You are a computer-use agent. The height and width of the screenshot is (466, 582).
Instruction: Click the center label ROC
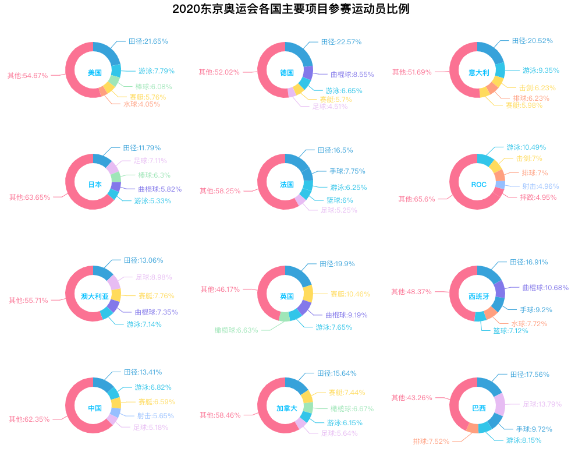click(478, 185)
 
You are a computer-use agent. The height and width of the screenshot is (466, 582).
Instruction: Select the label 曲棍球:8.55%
click(352, 75)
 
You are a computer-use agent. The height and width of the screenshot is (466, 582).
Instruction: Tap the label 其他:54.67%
click(27, 76)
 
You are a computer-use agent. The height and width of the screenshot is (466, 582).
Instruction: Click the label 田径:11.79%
click(141, 148)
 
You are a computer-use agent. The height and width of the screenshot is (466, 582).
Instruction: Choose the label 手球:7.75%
click(347, 171)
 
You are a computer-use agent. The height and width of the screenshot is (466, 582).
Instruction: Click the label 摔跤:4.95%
click(538, 197)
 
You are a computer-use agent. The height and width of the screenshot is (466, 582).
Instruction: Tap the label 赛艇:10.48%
click(350, 294)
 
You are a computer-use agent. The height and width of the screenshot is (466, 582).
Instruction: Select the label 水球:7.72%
click(529, 323)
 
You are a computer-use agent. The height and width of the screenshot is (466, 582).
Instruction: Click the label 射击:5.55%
click(155, 416)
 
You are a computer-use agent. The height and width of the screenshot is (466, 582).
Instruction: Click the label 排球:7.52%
click(431, 441)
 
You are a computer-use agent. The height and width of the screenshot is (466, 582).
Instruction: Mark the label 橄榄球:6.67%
click(352, 409)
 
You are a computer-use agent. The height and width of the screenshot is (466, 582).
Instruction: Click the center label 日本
click(95, 185)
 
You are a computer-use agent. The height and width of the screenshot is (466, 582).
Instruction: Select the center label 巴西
click(478, 408)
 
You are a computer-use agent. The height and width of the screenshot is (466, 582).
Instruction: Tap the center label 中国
click(95, 408)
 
